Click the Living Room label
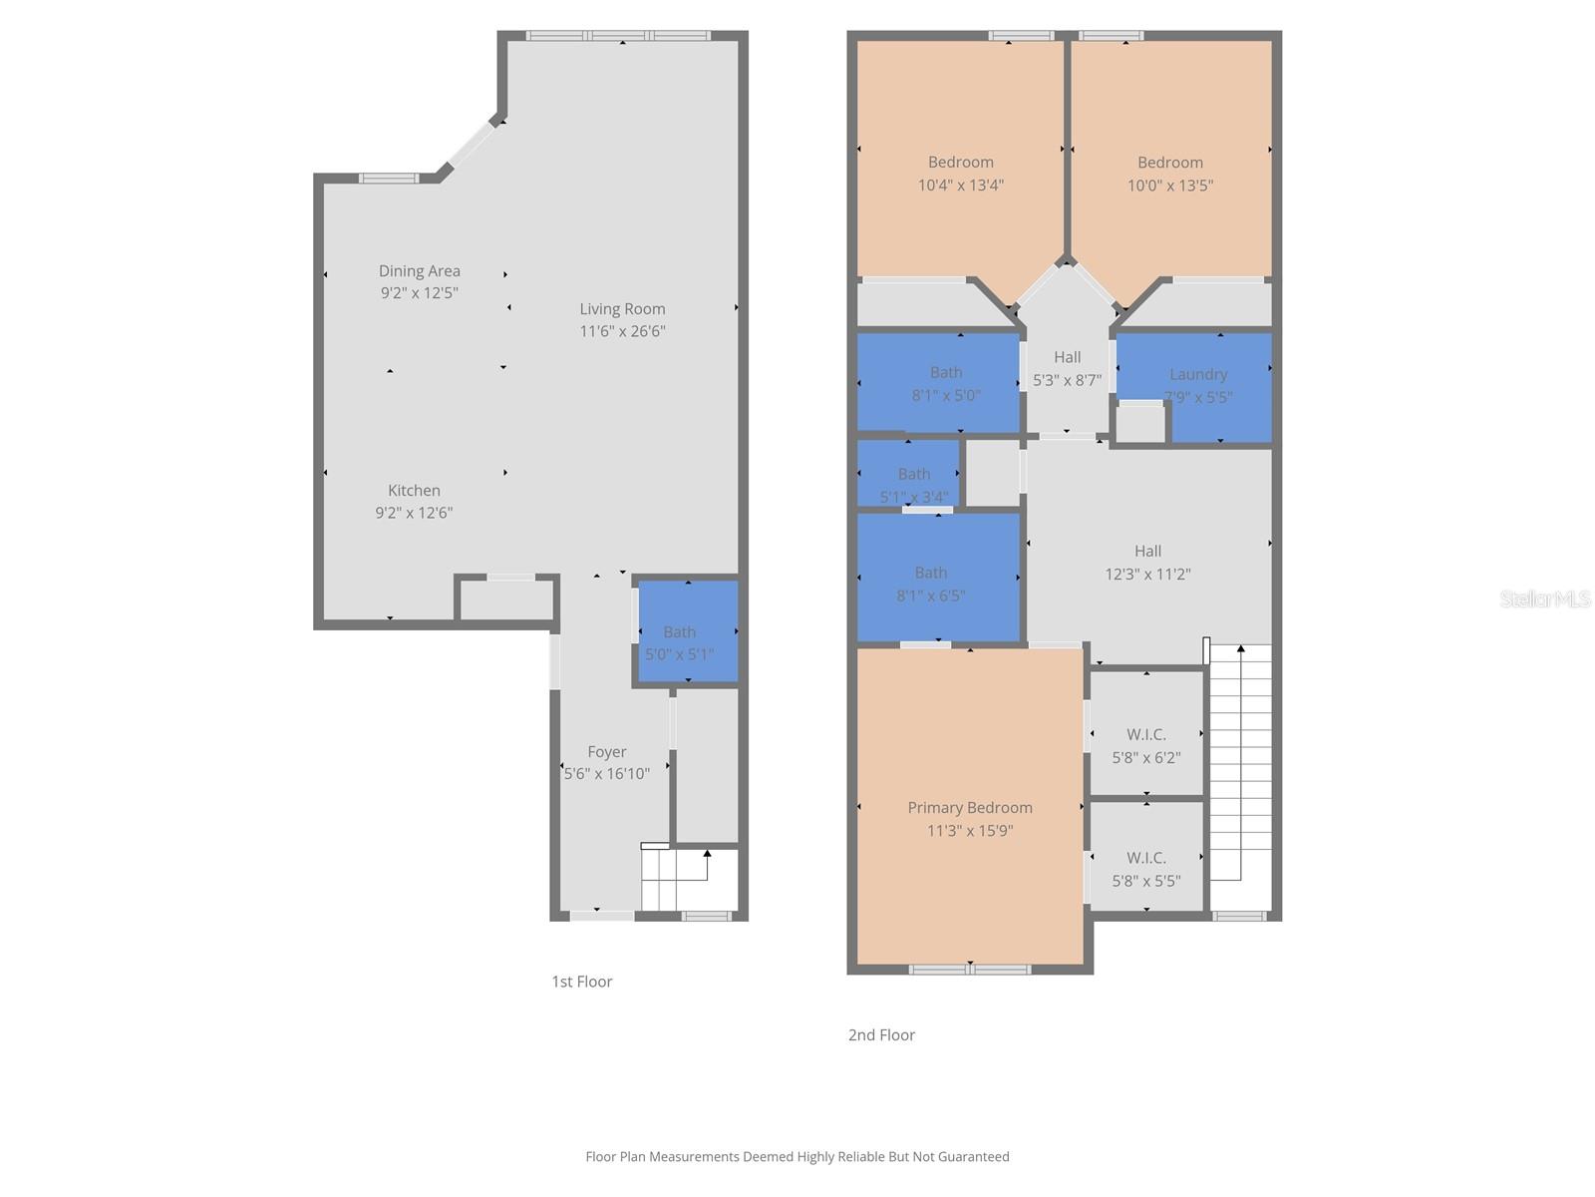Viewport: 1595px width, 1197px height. pyautogui.click(x=622, y=309)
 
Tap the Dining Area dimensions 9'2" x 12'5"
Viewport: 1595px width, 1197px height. pyautogui.click(x=419, y=293)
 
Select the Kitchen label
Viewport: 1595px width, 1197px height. pyautogui.click(x=414, y=490)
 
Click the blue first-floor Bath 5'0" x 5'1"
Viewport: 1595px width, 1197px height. pyautogui.click(x=687, y=632)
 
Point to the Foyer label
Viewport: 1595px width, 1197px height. pyautogui.click(x=606, y=752)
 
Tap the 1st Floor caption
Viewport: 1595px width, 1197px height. pyautogui.click(x=581, y=982)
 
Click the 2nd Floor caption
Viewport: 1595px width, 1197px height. pyautogui.click(x=881, y=1035)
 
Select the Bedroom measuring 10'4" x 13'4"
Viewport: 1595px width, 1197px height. pyautogui.click(x=960, y=173)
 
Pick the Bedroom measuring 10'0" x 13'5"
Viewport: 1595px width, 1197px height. pyautogui.click(x=1169, y=173)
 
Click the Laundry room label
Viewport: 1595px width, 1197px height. pyautogui.click(x=1197, y=374)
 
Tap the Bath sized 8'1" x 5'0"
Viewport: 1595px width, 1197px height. pyautogui.click(x=945, y=383)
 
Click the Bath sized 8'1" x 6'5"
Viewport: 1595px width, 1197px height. pyautogui.click(x=930, y=584)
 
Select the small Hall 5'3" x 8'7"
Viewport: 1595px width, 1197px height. pyautogui.click(x=1067, y=367)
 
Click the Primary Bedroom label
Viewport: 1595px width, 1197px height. pyautogui.click(x=969, y=808)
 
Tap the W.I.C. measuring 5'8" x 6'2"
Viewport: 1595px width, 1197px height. pyautogui.click(x=1145, y=745)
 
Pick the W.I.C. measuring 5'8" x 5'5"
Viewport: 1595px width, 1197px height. pyautogui.click(x=1145, y=869)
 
